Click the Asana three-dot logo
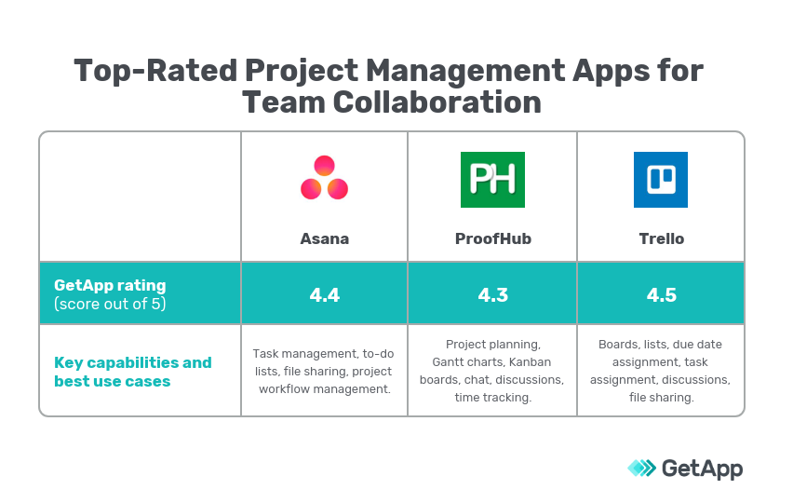click(x=324, y=178)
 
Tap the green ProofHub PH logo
click(x=492, y=179)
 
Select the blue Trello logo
click(x=661, y=179)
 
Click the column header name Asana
click(x=324, y=238)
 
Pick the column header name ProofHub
click(x=492, y=238)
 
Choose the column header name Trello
click(x=661, y=238)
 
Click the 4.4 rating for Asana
click(x=324, y=295)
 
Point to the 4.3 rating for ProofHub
click(x=492, y=295)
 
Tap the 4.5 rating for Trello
click(x=661, y=295)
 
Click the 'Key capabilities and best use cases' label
click(x=132, y=372)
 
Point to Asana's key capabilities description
click(x=324, y=371)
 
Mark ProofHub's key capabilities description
click(x=492, y=371)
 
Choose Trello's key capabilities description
click(x=661, y=371)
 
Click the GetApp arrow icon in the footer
click(x=641, y=468)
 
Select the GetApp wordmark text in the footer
click(x=702, y=469)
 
